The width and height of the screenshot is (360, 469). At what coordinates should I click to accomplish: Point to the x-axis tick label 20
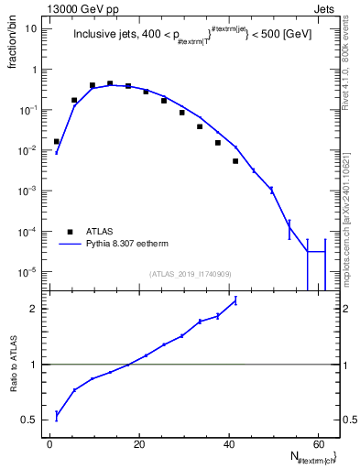click(x=138, y=444)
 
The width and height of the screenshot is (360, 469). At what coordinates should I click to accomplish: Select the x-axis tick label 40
click(x=227, y=444)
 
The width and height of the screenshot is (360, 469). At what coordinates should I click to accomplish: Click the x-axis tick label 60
click(x=316, y=444)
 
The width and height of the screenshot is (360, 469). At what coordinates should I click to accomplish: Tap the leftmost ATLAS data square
click(x=56, y=141)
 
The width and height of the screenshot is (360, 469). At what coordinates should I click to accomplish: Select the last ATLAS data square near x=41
click(x=235, y=161)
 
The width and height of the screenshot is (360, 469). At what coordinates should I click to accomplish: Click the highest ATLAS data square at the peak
click(x=110, y=83)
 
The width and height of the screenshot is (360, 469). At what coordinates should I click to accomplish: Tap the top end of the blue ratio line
click(x=235, y=300)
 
